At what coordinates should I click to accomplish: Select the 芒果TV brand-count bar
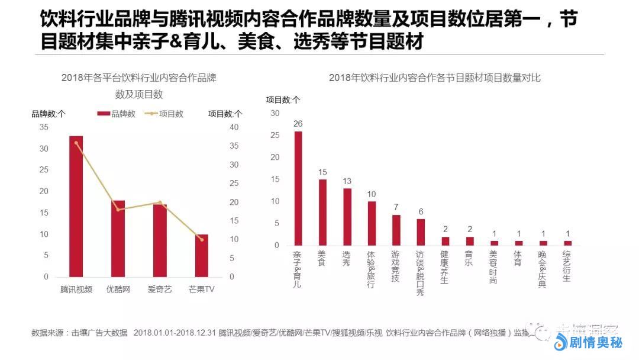(x=202, y=255)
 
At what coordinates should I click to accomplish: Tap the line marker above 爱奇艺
(x=160, y=202)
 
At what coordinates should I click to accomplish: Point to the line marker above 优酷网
(x=118, y=210)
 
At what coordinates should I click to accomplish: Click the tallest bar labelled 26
(x=298, y=188)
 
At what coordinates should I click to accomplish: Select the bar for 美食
(x=322, y=212)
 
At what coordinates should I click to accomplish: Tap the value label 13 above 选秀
(x=347, y=181)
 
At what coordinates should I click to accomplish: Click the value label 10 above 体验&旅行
(x=372, y=194)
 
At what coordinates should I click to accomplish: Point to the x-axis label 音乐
(x=469, y=258)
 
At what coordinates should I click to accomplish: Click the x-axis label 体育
(x=518, y=258)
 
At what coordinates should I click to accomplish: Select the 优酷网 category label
(x=118, y=290)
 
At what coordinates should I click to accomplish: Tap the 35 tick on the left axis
(x=44, y=127)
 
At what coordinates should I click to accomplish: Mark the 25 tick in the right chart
(x=275, y=135)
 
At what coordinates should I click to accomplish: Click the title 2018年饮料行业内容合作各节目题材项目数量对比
(x=435, y=78)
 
